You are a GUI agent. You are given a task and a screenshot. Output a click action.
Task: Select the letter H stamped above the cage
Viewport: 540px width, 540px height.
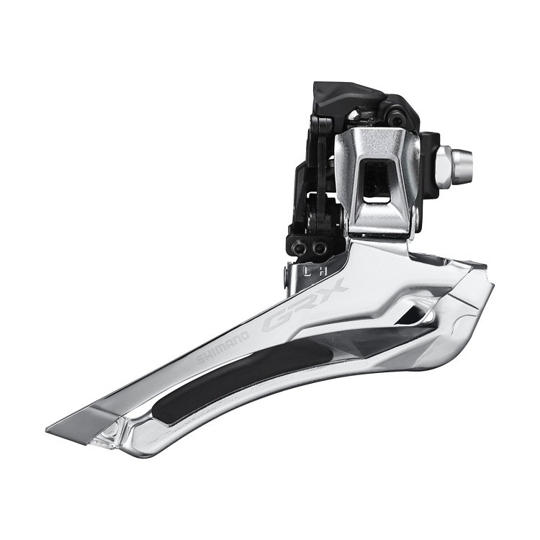coord(325,271)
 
